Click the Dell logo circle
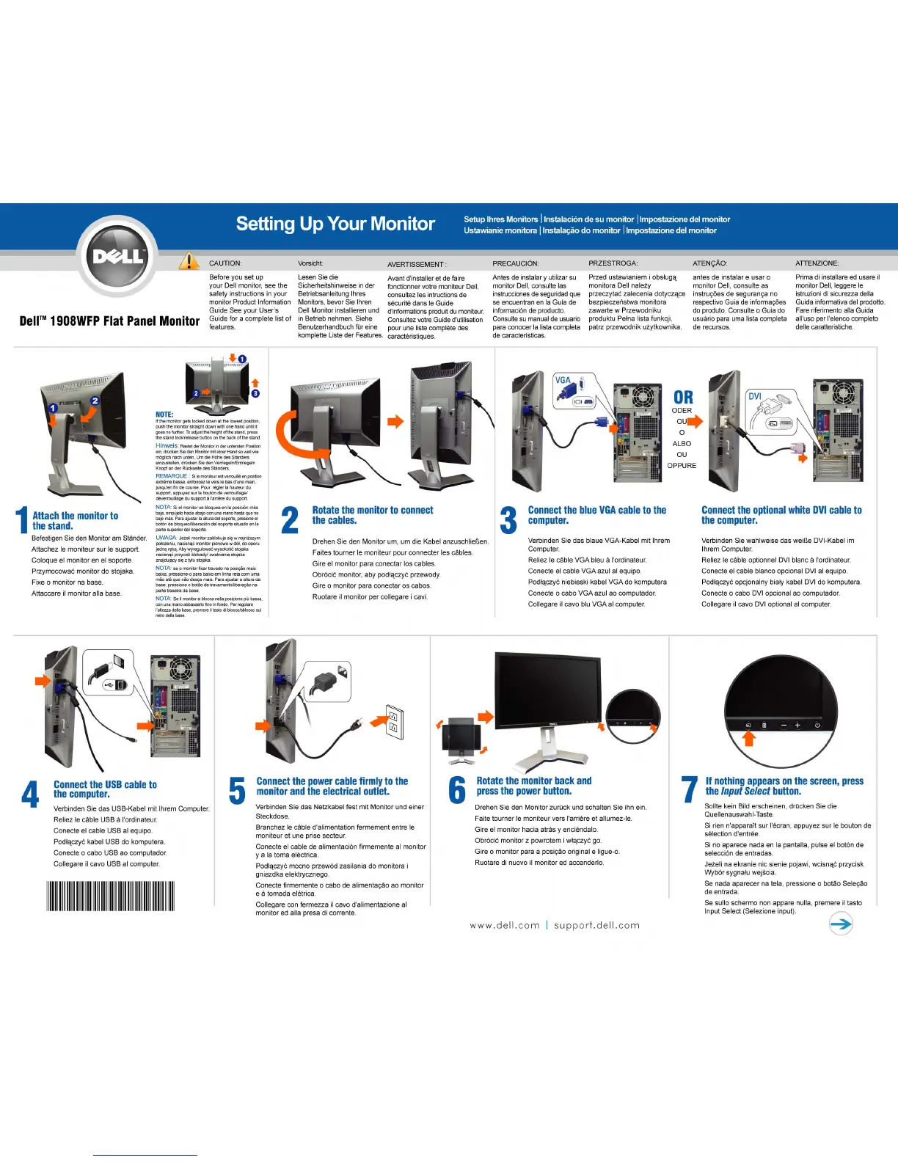(x=117, y=256)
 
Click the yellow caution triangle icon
(x=189, y=261)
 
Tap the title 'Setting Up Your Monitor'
(x=335, y=224)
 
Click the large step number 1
(x=23, y=520)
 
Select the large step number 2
(x=291, y=519)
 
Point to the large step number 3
(x=508, y=519)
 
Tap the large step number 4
(x=31, y=794)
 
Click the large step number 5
(x=238, y=791)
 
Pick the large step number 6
(x=457, y=790)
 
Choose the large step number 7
(x=690, y=790)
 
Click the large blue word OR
(x=683, y=397)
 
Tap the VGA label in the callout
(x=563, y=380)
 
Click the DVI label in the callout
(x=755, y=396)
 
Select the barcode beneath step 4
(x=110, y=896)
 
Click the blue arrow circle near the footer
(x=841, y=924)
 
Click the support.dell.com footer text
(x=596, y=926)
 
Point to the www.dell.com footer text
(x=505, y=926)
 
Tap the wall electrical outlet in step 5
(x=395, y=723)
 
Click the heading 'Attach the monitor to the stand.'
(x=75, y=521)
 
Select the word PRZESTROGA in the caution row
(x=613, y=263)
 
